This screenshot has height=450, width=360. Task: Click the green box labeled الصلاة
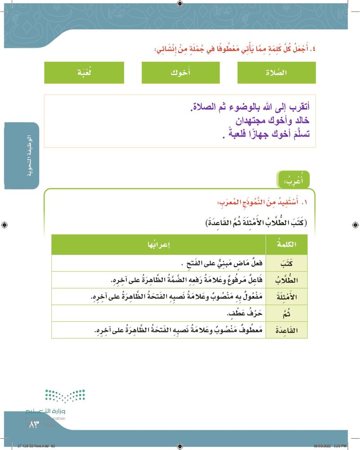point(277,73)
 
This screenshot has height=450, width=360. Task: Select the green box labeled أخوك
point(180,73)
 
